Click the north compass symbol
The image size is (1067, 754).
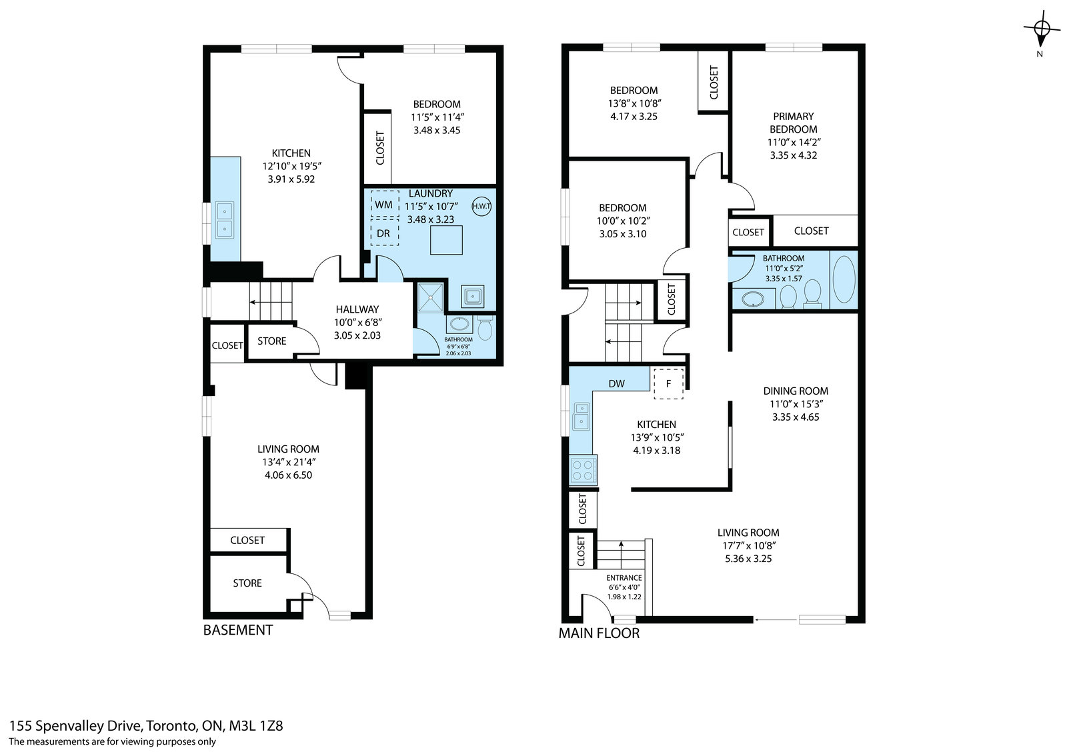(1042, 29)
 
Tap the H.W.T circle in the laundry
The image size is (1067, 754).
(481, 206)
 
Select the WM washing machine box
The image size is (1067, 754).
(384, 205)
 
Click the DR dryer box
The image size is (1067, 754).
(384, 233)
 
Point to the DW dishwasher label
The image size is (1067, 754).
(616, 384)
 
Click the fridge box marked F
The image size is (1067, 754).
(668, 383)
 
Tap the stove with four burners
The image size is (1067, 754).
(583, 470)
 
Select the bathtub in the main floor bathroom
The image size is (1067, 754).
(844, 279)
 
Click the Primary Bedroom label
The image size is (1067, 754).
(793, 123)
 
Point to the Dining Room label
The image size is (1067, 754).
(796, 391)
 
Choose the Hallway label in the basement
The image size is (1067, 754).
(357, 309)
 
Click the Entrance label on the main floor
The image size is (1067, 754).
(624, 578)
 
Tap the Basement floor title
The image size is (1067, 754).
(237, 630)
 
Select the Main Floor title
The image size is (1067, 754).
(599, 633)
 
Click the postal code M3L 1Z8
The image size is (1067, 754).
(256, 726)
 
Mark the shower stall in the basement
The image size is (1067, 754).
(430, 298)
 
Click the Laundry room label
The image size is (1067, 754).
(430, 193)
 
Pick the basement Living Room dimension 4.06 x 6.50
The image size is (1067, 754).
(288, 475)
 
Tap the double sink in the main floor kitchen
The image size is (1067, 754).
(581, 416)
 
